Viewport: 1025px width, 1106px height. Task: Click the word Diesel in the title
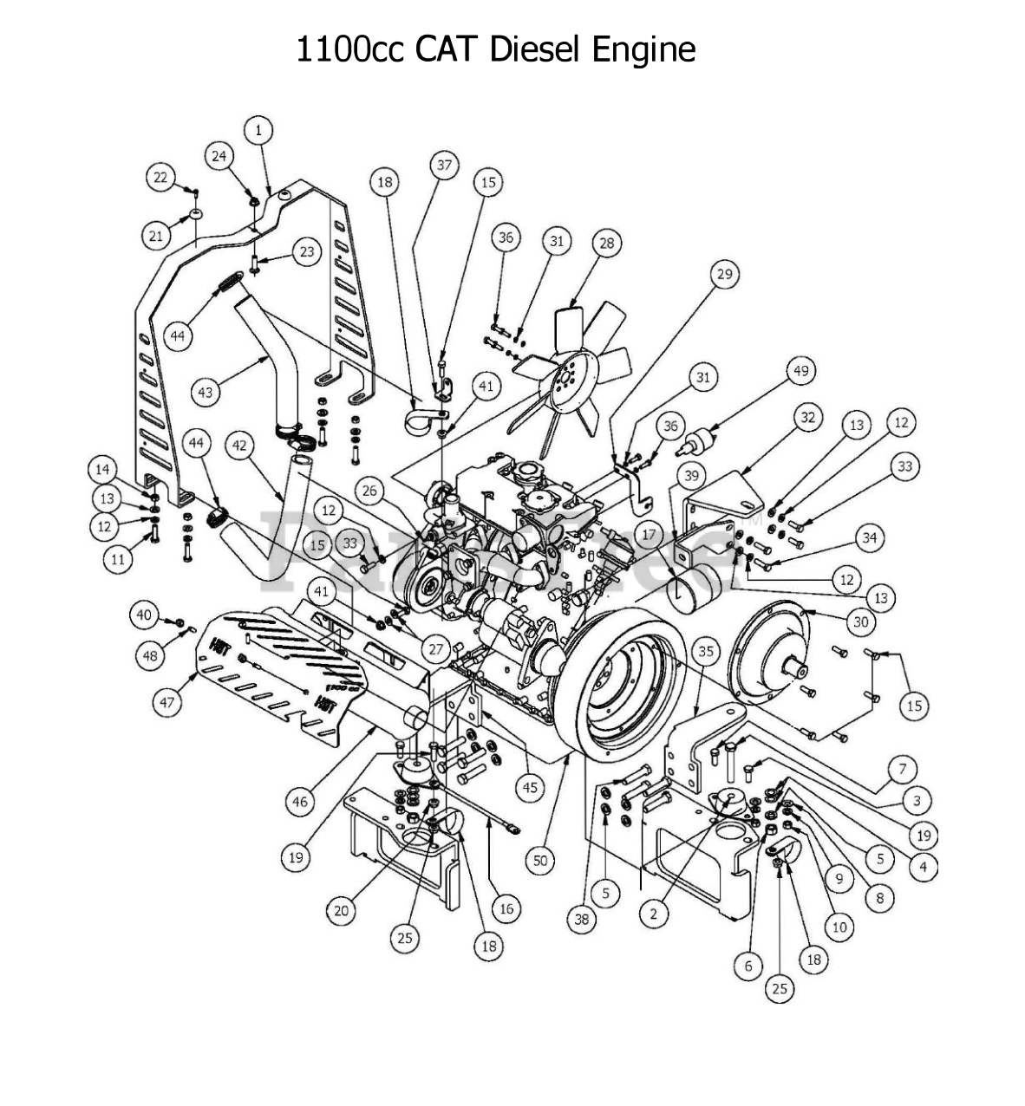click(536, 49)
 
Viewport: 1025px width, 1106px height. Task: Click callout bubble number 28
click(606, 244)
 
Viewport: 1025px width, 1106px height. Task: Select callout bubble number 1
click(258, 130)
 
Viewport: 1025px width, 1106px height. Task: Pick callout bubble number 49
click(801, 371)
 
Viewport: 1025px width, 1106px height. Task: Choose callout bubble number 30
click(859, 621)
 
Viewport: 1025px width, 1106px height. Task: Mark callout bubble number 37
click(445, 165)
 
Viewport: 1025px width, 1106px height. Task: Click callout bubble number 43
click(206, 392)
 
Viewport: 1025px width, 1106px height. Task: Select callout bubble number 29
click(724, 275)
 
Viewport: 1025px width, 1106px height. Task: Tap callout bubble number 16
click(506, 908)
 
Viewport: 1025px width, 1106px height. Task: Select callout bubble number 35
click(706, 650)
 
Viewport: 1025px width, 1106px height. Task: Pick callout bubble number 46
click(300, 803)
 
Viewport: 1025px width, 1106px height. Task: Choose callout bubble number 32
click(808, 418)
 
